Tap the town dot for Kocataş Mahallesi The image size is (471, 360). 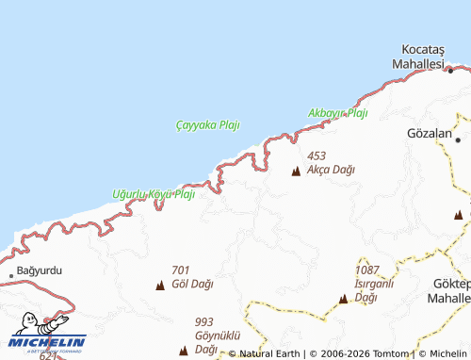click(450, 70)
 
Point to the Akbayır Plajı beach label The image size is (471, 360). click(337, 113)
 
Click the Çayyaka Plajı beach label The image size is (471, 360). click(208, 125)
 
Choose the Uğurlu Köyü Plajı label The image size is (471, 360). click(153, 194)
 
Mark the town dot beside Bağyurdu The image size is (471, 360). click(11, 274)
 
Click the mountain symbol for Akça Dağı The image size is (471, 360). click(296, 172)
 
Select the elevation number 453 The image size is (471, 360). click(316, 156)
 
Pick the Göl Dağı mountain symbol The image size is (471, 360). click(159, 285)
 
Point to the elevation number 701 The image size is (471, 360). click(181, 270)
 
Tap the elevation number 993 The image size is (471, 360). click(205, 321)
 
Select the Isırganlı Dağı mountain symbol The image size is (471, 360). click(344, 300)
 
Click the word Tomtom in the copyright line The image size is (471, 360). click(390, 354)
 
